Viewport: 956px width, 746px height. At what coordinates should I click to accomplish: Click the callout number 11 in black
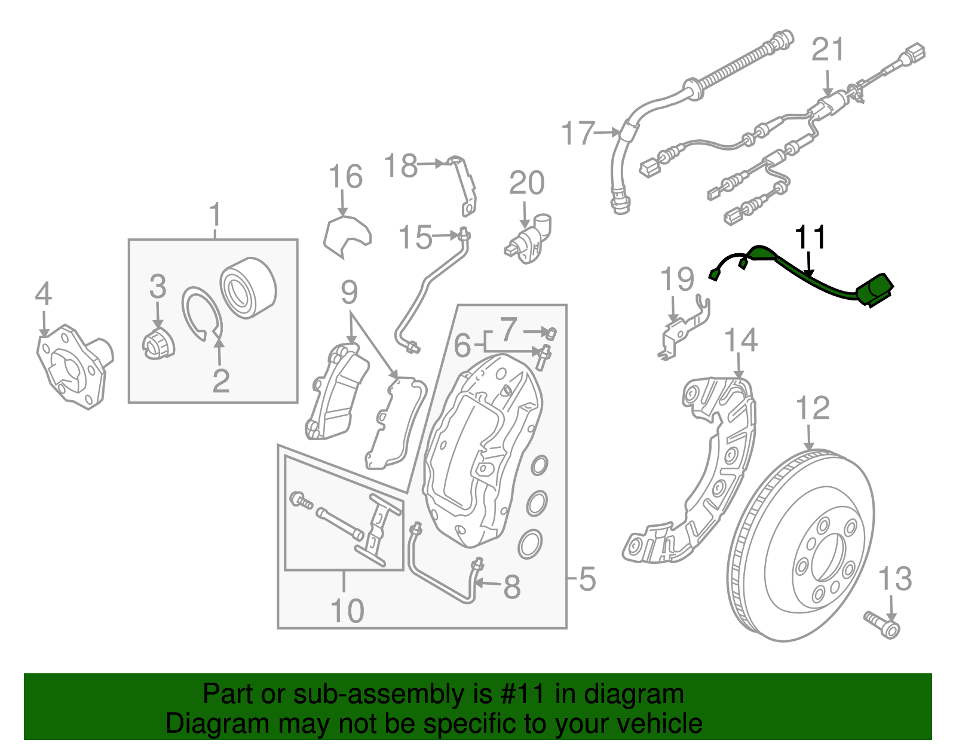coord(810,237)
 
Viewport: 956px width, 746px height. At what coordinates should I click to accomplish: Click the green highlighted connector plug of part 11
coord(874,290)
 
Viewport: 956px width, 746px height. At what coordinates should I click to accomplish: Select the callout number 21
coord(828,50)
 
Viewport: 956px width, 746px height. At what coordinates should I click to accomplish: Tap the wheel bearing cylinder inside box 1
coord(248,288)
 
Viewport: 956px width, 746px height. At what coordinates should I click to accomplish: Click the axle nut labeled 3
coord(159,345)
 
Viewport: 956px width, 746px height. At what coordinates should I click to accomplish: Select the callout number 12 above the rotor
coord(813,409)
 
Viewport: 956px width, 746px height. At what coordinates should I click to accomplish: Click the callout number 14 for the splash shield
coord(740,340)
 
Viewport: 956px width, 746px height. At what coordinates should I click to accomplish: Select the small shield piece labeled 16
coord(347,235)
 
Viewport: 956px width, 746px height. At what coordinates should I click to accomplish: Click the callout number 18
coord(400,165)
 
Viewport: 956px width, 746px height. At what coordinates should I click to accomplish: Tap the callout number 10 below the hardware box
coord(347,610)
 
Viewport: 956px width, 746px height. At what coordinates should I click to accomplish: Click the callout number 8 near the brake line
coord(511,587)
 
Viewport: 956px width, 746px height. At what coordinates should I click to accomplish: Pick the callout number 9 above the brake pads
coord(349,293)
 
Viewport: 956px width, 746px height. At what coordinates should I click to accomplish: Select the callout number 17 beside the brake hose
coord(578,133)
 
